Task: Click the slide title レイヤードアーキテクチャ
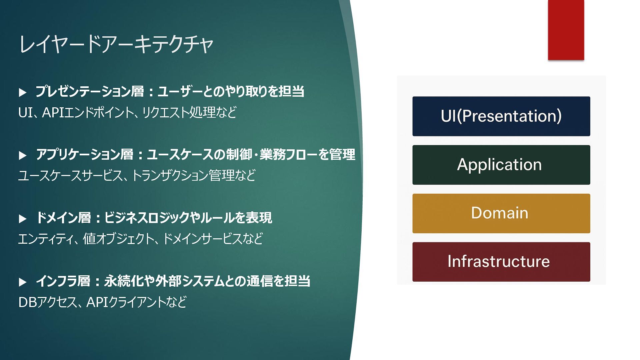pyautogui.click(x=116, y=44)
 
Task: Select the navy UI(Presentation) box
pyautogui.click(x=501, y=116)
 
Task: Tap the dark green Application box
pyautogui.click(x=501, y=165)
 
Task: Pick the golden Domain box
pyautogui.click(x=501, y=213)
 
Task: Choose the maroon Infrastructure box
pyautogui.click(x=501, y=262)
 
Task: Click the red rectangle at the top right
pyautogui.click(x=566, y=30)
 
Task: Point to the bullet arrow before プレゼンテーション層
pyautogui.click(x=23, y=92)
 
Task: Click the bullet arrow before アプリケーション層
pyautogui.click(x=23, y=155)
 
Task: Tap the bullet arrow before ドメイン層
pyautogui.click(x=23, y=219)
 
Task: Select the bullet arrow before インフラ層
pyautogui.click(x=23, y=282)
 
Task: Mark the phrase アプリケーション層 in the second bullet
pyautogui.click(x=85, y=155)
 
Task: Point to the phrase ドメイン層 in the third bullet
pyautogui.click(x=63, y=218)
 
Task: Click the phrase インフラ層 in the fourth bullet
pyautogui.click(x=63, y=281)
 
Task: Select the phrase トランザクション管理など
pyautogui.click(x=194, y=175)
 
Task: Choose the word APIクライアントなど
pyautogui.click(x=136, y=302)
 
